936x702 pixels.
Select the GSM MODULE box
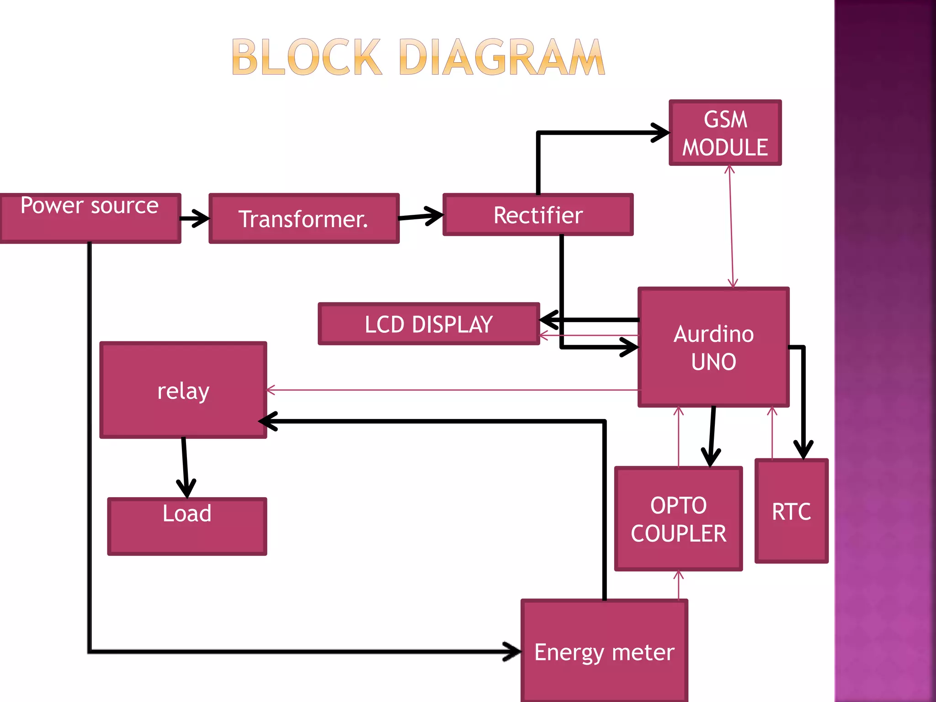tap(725, 133)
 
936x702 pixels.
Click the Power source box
tap(90, 218)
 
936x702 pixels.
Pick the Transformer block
tap(303, 218)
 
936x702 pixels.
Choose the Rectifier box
tap(537, 215)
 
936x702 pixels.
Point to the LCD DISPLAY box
tap(428, 324)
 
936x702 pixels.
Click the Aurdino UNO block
tap(713, 347)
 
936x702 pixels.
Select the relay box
tap(183, 390)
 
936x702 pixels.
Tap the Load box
tap(187, 526)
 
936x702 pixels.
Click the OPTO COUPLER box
tap(678, 519)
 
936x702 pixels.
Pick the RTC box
tap(791, 511)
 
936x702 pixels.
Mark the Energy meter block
tap(604, 651)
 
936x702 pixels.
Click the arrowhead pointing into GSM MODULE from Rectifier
tap(661, 133)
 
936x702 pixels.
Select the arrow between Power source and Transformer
tap(195, 218)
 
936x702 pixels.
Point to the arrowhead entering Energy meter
tap(512, 651)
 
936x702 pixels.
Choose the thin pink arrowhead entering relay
tap(271, 390)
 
